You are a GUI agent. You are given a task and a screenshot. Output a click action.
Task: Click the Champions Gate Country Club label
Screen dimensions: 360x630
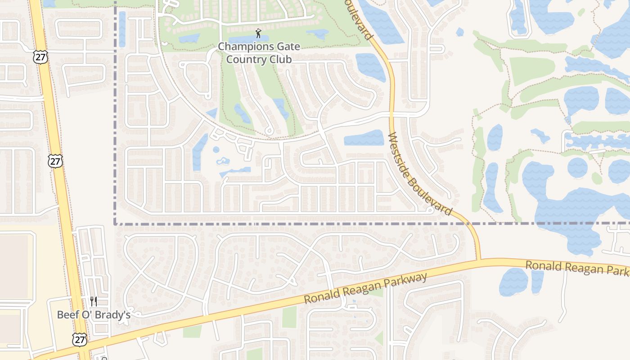pyautogui.click(x=259, y=53)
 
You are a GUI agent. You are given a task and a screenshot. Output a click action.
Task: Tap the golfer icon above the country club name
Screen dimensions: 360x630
pyautogui.click(x=258, y=33)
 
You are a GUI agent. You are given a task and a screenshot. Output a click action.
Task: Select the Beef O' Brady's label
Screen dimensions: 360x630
pyautogui.click(x=94, y=315)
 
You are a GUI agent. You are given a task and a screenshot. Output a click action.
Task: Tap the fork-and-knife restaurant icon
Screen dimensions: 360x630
pyautogui.click(x=94, y=301)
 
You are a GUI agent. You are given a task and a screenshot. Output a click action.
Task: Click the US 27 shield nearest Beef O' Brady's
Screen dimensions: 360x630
pyautogui.click(x=80, y=339)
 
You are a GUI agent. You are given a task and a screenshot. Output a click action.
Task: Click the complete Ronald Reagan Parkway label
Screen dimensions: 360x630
pyautogui.click(x=365, y=288)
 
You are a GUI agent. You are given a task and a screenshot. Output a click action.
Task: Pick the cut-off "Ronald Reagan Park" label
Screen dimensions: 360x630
pyautogui.click(x=577, y=268)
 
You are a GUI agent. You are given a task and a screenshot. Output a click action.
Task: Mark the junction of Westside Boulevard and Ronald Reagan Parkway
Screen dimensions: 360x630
pyautogui.click(x=478, y=260)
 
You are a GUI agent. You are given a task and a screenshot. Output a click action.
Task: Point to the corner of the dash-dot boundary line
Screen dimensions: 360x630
pyautogui.click(x=116, y=223)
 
